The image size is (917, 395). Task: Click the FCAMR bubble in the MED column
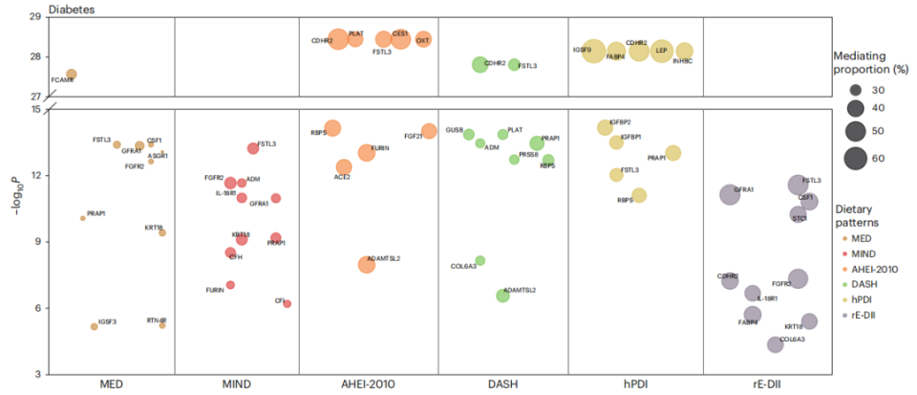(71, 74)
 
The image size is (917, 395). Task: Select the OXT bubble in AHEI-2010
(423, 39)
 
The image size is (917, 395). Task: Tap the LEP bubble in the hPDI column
(662, 51)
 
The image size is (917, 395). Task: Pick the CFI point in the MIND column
(287, 303)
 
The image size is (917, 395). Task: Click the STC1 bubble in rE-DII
(798, 213)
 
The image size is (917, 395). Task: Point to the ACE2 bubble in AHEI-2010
(344, 167)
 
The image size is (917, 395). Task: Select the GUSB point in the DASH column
(469, 135)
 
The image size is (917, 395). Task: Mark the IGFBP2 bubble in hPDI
(604, 127)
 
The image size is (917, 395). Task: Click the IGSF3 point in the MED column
(94, 326)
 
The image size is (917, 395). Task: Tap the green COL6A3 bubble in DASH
(480, 260)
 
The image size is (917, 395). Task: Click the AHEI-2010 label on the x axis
(368, 384)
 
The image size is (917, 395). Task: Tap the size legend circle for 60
(855, 157)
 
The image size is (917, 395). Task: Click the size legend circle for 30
(855, 88)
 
